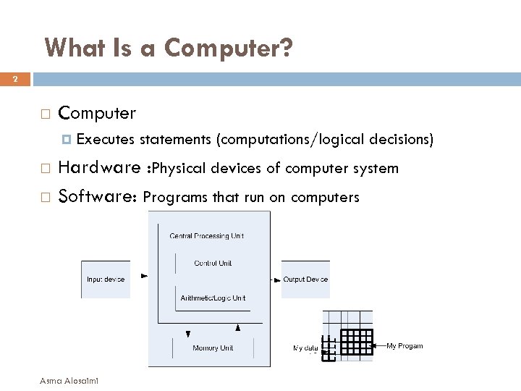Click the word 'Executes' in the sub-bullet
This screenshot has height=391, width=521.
coord(106,139)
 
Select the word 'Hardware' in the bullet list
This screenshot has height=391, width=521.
coord(99,168)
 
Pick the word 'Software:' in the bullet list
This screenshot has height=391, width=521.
coord(98,196)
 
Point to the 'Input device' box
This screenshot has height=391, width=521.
coord(106,279)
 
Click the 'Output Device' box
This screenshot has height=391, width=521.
coord(305,279)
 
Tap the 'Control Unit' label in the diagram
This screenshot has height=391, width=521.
coord(213,264)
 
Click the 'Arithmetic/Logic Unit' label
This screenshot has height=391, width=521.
coord(213,298)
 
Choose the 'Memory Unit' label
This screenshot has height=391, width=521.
coord(213,348)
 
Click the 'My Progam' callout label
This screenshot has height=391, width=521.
coord(404,346)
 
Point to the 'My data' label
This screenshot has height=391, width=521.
coord(305,348)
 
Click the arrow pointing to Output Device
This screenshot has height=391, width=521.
coord(277,279)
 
